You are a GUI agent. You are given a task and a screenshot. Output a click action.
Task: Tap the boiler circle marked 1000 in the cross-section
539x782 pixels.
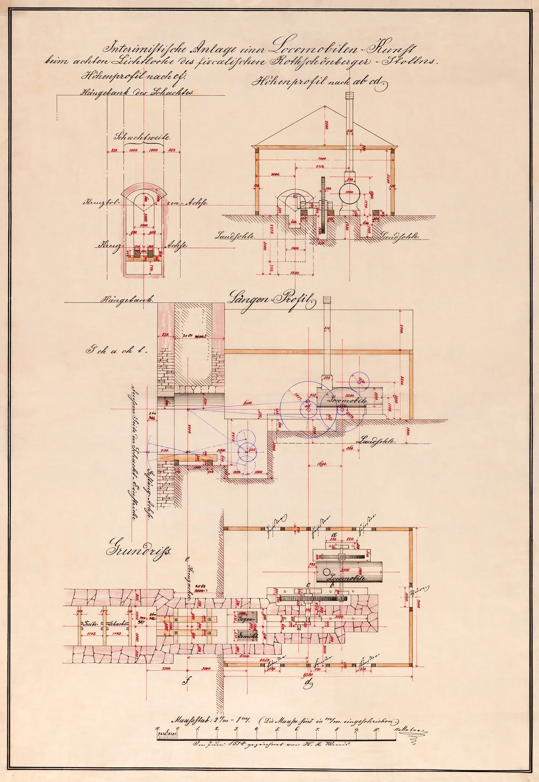350,192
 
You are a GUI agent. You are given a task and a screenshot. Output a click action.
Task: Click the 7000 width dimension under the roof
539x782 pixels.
322,158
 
